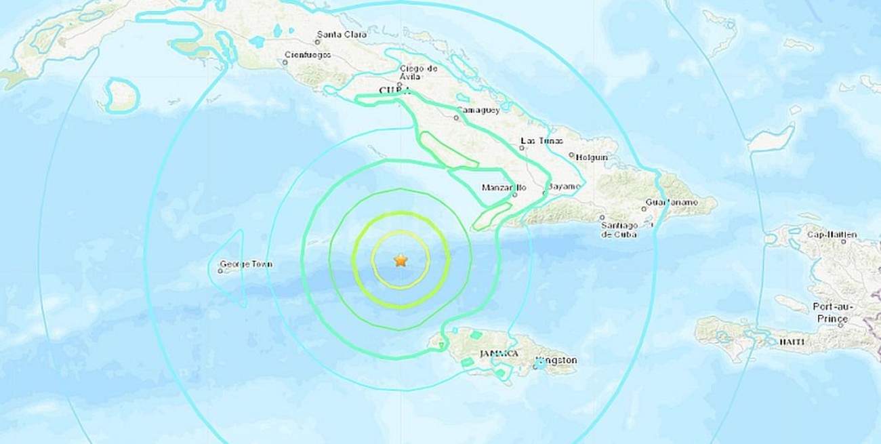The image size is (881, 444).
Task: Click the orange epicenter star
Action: (x=401, y=260)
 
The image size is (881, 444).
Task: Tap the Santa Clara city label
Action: (x=342, y=34)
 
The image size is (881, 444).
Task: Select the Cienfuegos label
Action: (x=308, y=54)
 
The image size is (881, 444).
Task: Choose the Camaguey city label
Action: (x=478, y=109)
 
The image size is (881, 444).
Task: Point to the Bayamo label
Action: (x=565, y=186)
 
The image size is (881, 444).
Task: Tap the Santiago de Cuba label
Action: (x=619, y=229)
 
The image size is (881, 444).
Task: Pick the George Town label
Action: (x=246, y=264)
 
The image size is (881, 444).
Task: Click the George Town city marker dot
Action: (x=221, y=271)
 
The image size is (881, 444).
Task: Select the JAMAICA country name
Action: (x=499, y=353)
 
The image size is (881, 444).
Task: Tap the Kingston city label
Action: (x=556, y=361)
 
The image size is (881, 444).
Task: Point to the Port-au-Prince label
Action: (x=832, y=312)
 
